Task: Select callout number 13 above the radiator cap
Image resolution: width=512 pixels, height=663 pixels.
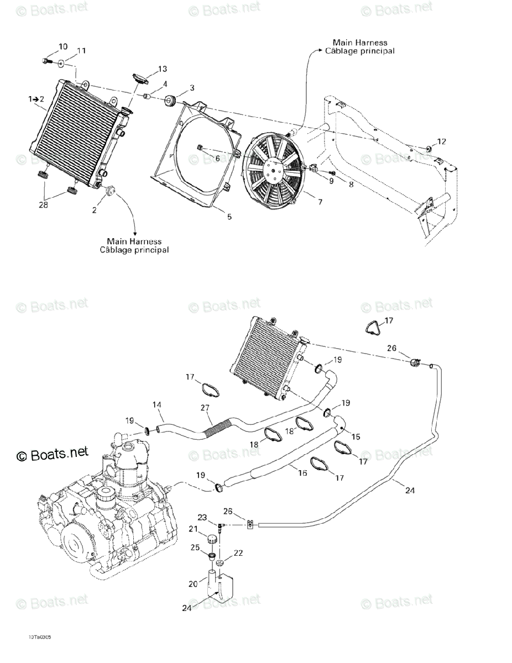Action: pos(162,69)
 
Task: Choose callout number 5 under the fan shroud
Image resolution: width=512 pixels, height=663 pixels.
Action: pos(229,217)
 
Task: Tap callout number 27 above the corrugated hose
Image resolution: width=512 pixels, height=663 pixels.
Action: pos(205,408)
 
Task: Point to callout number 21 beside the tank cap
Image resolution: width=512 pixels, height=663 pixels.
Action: pos(193,529)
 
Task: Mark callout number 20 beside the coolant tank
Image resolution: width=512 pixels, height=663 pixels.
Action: pos(193,584)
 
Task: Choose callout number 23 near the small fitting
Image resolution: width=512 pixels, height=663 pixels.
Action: pos(202,518)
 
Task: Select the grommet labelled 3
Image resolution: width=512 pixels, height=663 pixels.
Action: pos(170,101)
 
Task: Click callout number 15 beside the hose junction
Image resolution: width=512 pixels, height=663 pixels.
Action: pos(356,436)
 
